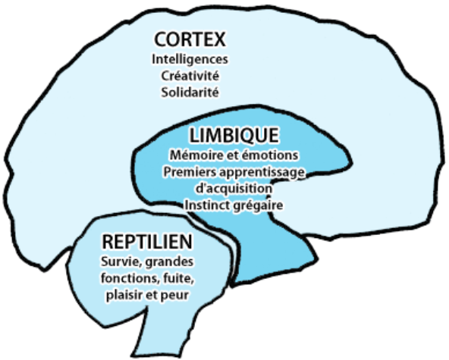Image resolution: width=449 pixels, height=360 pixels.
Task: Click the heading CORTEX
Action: point(190,39)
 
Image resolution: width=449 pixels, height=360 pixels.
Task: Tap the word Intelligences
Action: point(190,60)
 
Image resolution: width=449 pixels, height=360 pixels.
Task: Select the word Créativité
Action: point(190,76)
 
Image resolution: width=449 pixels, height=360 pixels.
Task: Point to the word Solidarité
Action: point(190,92)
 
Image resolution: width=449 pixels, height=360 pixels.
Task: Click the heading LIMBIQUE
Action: point(234,136)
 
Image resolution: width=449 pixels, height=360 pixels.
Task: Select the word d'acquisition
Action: point(234,189)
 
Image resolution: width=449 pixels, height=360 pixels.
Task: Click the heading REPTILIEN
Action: point(147,242)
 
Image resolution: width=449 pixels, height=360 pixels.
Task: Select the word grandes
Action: point(169,262)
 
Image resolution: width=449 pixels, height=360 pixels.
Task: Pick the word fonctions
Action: point(130,278)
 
